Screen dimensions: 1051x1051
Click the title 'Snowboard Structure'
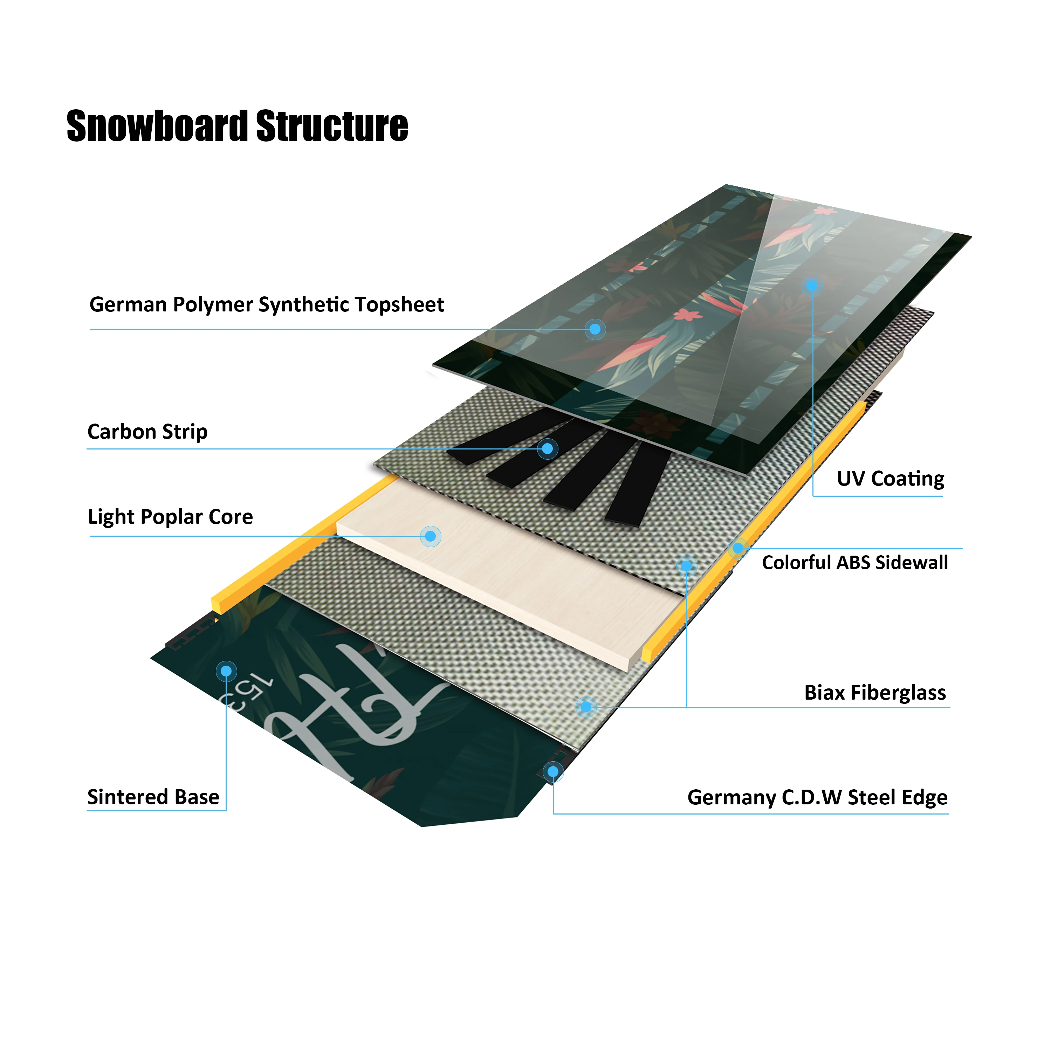(x=237, y=126)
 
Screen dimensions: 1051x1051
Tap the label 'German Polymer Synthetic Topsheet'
(x=267, y=305)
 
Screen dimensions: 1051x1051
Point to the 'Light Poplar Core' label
(x=170, y=516)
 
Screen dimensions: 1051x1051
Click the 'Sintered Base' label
(x=153, y=797)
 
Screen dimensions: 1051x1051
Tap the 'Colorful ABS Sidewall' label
(x=854, y=563)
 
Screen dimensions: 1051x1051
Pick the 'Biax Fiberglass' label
(x=875, y=693)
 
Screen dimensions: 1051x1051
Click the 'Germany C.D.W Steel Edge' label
(x=817, y=797)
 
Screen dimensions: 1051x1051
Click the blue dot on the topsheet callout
(x=595, y=329)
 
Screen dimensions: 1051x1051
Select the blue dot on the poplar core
(x=430, y=536)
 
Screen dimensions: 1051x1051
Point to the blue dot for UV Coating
(x=812, y=286)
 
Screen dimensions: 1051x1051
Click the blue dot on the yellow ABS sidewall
(x=738, y=548)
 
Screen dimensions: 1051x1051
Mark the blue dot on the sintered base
(x=226, y=671)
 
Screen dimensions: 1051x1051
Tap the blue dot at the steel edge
(x=553, y=771)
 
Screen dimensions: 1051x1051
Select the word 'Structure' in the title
(x=332, y=126)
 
